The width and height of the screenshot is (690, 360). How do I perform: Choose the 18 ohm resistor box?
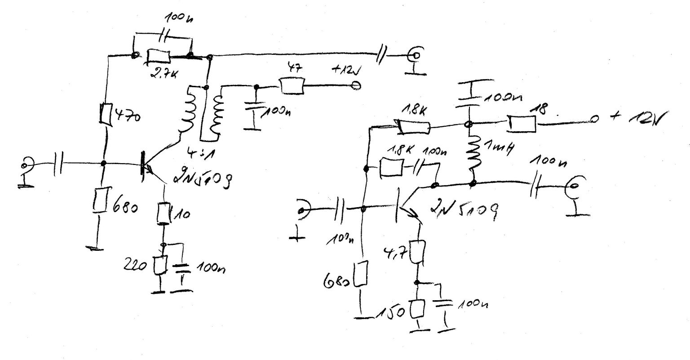(521, 124)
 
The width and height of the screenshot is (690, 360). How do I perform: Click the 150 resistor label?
(393, 312)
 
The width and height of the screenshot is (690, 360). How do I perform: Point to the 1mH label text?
(498, 148)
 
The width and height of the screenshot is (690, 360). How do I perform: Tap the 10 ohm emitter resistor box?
(163, 213)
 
